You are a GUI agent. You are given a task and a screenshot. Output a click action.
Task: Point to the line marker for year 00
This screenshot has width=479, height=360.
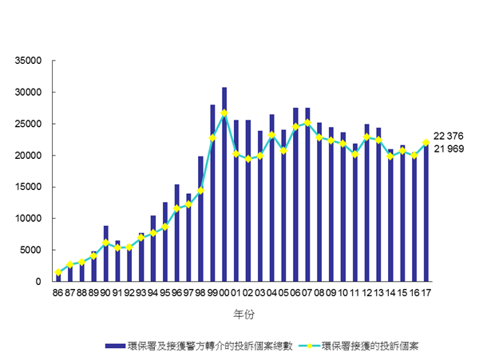click(224, 113)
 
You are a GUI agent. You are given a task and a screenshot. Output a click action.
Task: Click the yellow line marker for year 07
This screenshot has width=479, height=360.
click(307, 123)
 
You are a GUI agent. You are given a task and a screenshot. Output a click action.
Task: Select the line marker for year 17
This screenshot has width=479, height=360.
click(426, 143)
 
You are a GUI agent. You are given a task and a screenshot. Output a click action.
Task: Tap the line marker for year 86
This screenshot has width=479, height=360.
click(58, 272)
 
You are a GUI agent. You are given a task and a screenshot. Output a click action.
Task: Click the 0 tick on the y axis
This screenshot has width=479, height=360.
click(38, 282)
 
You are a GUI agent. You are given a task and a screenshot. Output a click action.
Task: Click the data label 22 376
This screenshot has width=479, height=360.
click(448, 136)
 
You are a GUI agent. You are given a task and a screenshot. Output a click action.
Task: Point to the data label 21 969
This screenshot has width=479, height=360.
click(448, 149)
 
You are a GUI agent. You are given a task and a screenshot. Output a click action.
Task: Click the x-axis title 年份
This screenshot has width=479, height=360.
click(243, 315)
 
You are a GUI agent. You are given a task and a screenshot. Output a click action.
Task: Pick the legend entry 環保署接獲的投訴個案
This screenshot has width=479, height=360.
click(369, 346)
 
